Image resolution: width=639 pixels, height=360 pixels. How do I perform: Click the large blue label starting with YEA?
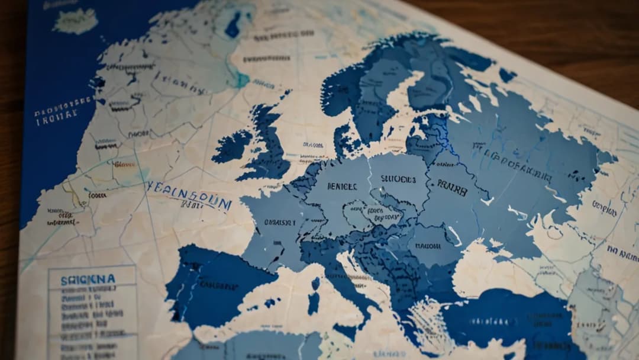tap(189, 195)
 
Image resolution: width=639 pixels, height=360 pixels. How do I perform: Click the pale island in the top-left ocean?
tap(76, 21)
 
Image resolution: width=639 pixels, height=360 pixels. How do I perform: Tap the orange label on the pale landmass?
tap(124, 164)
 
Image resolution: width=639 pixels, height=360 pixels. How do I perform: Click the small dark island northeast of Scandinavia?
tap(507, 75)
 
